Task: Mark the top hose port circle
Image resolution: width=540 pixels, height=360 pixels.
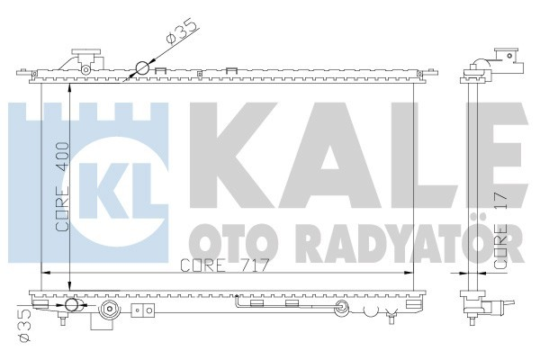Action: tap(142, 68)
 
